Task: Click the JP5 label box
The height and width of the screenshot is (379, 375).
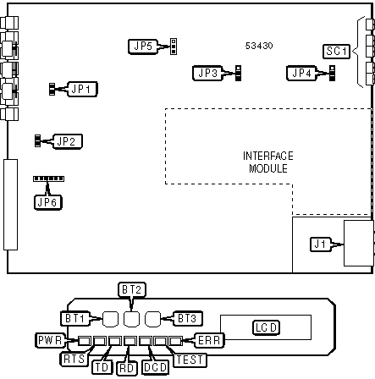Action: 143,47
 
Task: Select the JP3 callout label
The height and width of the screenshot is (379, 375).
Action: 207,74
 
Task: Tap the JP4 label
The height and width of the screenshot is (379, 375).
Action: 301,74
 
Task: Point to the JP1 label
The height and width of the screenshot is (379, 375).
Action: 82,89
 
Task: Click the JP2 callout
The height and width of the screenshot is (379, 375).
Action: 68,141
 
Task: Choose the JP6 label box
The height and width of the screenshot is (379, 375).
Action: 47,202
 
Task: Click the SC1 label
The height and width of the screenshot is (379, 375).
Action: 336,52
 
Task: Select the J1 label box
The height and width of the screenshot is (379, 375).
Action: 320,244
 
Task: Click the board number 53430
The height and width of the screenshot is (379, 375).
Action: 259,46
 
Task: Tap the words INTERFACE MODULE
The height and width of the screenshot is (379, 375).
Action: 268,162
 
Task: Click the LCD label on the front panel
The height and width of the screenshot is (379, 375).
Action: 266,327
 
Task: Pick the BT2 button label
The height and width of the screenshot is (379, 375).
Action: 132,289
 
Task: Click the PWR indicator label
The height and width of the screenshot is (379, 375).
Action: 50,340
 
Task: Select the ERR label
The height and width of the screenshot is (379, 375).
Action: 209,340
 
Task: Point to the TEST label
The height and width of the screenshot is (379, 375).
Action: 190,360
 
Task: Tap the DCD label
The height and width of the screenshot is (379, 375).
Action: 155,367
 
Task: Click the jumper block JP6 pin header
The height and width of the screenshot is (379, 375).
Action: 48,179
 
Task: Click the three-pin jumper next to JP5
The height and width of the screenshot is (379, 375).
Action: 174,47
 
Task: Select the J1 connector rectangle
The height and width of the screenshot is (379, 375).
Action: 359,243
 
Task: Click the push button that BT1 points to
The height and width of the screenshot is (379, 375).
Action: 110,319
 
